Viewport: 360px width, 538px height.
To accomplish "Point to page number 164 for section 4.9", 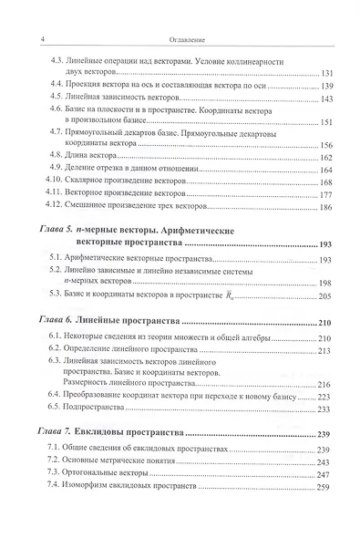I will [329, 170].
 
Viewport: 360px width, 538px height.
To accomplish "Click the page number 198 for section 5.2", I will [329, 283].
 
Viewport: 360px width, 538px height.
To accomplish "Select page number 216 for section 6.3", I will [329, 386].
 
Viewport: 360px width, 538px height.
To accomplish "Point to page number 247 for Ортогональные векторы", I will [329, 474].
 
